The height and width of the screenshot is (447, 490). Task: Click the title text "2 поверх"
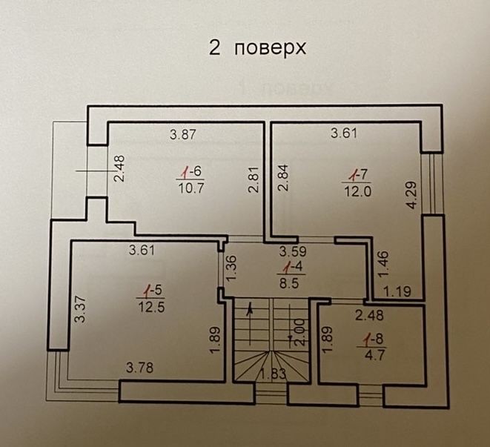(x=257, y=48)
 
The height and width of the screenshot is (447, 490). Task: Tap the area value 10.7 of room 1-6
(x=191, y=188)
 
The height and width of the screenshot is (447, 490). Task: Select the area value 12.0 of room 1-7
(x=358, y=191)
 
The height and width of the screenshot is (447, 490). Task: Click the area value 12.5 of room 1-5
(x=151, y=308)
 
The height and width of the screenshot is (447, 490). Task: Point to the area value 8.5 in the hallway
(x=290, y=283)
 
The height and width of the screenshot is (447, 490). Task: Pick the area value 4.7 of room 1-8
(x=374, y=355)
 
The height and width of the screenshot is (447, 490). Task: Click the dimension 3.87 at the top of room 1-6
(x=183, y=134)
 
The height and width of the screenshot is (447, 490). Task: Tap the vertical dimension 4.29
(x=412, y=195)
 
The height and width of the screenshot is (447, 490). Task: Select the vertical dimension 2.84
(x=284, y=178)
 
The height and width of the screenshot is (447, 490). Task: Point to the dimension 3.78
(x=139, y=368)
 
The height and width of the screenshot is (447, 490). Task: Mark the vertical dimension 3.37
(x=81, y=309)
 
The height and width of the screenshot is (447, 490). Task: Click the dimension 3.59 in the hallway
(x=293, y=251)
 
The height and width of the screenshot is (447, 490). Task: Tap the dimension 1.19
(x=397, y=291)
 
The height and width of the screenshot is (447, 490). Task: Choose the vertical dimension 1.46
(x=383, y=264)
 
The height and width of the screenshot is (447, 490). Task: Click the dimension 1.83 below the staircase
(x=273, y=374)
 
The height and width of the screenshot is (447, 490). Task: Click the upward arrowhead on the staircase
(x=250, y=310)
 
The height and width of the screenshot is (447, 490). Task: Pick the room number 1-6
(x=192, y=172)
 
